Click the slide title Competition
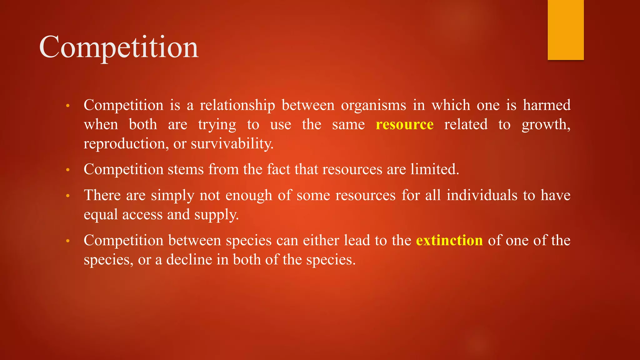[119, 47]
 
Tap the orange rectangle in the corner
[566, 30]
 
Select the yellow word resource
[404, 124]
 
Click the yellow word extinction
[449, 240]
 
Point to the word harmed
[547, 105]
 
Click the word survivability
[232, 144]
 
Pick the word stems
[186, 169]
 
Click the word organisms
[373, 105]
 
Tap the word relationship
[237, 105]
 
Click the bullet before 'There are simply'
[67, 196]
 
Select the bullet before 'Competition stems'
[67, 170]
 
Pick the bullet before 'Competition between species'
[67, 241]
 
